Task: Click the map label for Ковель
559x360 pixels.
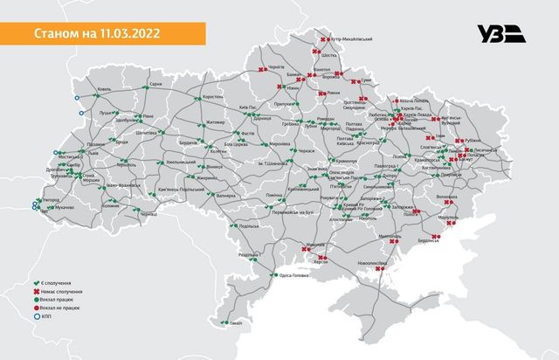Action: pos(105,89)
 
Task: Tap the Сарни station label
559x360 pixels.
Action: pos(155,84)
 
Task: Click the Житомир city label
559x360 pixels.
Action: pos(215,123)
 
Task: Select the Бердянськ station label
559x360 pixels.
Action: pos(429,240)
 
